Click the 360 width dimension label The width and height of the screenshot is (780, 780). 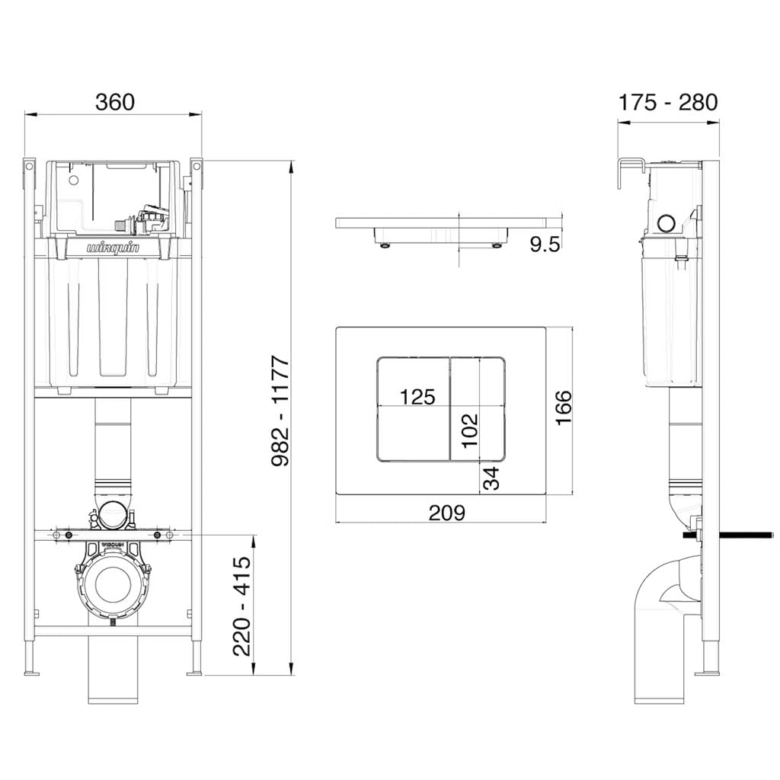(x=115, y=102)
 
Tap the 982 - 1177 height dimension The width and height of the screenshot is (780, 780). (x=280, y=411)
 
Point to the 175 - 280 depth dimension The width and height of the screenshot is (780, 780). (x=667, y=103)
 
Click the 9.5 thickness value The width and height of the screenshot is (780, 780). (x=545, y=245)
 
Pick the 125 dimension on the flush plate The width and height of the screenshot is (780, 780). (x=417, y=396)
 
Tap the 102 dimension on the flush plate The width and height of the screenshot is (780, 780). (x=469, y=431)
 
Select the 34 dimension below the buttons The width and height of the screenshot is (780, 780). (x=491, y=478)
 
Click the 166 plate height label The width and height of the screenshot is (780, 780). (x=564, y=408)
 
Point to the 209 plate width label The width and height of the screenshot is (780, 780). (x=447, y=513)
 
